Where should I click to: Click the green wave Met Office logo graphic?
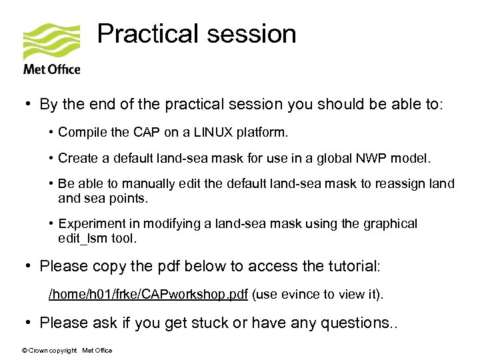[51, 41]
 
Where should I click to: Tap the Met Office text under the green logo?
[51, 69]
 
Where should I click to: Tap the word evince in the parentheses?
[298, 294]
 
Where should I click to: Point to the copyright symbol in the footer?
[25, 351]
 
